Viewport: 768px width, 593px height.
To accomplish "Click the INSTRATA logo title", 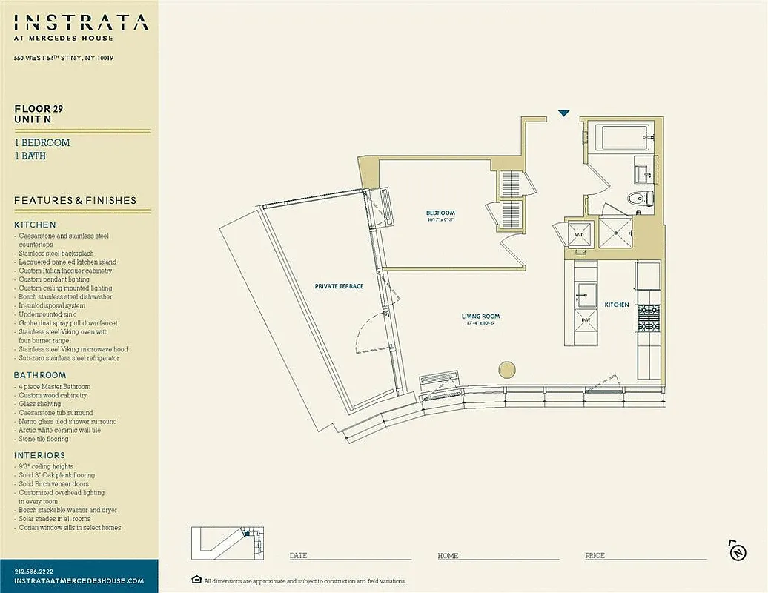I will (81, 22).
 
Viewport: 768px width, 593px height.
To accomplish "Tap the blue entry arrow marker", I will (563, 113).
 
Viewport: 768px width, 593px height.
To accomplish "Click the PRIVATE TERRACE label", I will (339, 286).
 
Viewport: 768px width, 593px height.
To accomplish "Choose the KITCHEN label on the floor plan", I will (616, 305).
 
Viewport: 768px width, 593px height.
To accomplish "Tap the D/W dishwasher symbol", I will (585, 320).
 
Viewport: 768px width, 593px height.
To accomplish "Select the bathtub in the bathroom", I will (623, 137).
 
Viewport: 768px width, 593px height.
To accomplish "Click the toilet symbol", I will (638, 198).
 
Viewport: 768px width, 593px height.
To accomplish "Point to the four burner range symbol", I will (649, 319).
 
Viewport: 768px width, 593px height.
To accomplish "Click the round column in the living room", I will (507, 369).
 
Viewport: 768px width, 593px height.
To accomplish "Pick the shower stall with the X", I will (615, 232).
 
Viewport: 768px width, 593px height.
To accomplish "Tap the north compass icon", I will (737, 551).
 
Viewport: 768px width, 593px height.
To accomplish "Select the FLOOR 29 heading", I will (39, 108).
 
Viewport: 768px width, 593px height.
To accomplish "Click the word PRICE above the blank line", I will (595, 556).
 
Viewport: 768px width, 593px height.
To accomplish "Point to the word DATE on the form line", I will (298, 556).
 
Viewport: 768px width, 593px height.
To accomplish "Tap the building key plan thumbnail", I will (228, 543).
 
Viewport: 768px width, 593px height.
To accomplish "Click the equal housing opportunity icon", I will (196, 580).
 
